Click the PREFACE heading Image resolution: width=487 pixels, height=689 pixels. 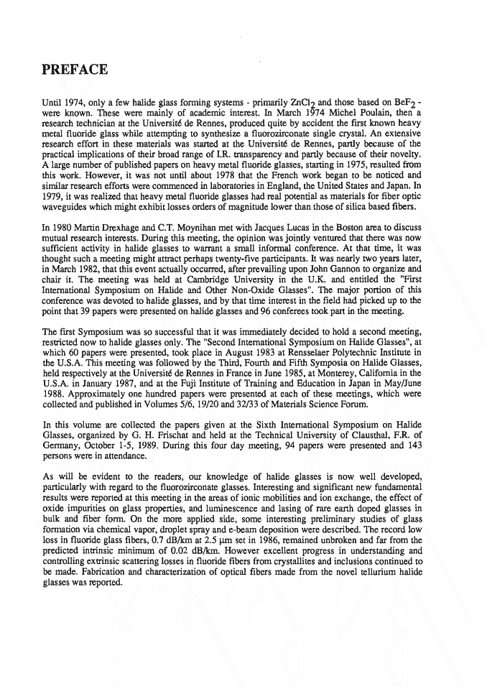coord(75,70)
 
